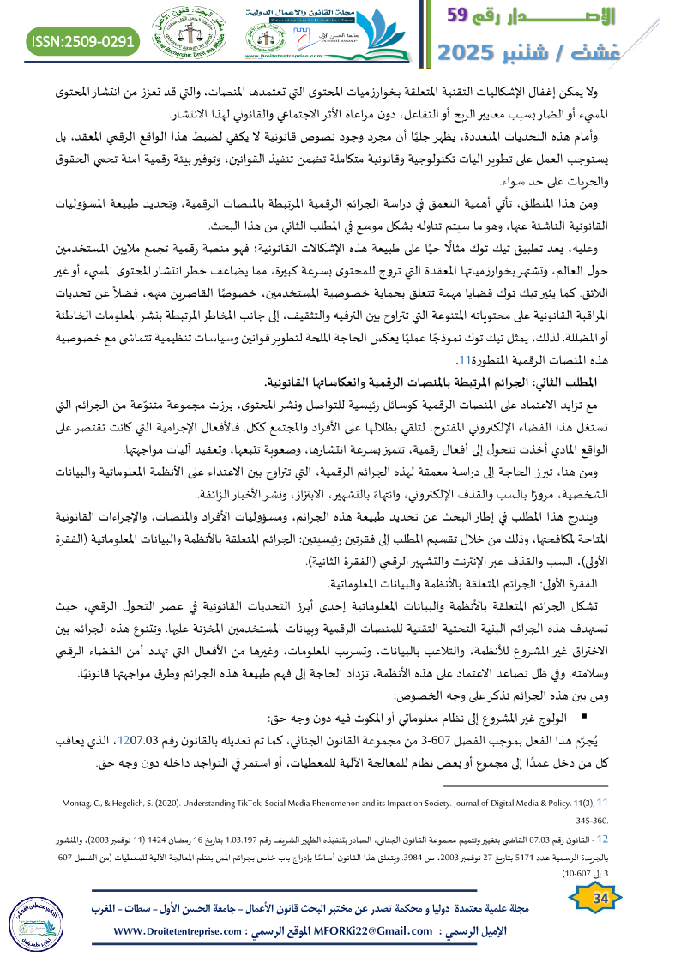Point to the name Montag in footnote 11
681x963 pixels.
[x=81, y=803]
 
